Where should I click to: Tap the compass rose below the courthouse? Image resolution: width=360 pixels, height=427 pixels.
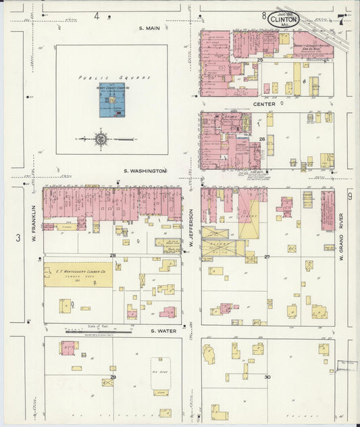101,140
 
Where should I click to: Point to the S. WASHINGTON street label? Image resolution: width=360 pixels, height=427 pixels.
145,172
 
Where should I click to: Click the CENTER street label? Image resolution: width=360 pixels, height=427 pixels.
263,104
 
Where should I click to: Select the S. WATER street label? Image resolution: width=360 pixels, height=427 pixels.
163,330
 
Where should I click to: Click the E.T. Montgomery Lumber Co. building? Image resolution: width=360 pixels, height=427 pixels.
78,274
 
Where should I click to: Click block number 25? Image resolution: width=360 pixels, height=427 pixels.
260,61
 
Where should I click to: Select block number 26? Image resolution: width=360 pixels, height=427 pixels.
262,139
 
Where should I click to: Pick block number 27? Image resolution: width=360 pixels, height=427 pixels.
267,257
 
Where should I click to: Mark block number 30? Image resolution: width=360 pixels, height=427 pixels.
267,376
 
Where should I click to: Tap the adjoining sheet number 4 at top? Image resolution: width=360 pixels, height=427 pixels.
97,16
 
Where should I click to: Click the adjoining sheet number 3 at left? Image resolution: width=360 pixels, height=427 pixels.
18,237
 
